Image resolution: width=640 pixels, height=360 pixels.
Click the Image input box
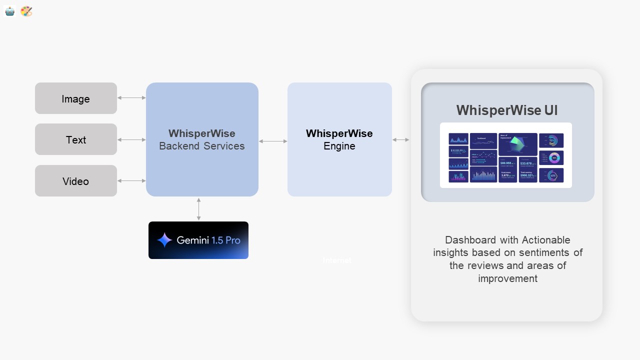click(x=76, y=98)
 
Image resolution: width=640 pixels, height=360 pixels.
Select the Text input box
click(x=76, y=139)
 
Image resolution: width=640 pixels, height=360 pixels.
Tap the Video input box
click(x=76, y=181)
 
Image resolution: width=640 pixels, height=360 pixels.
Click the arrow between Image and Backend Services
click(x=131, y=98)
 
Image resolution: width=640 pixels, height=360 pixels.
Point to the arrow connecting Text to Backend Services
click(x=131, y=140)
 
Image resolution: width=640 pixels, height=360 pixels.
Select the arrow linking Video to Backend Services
click(x=131, y=181)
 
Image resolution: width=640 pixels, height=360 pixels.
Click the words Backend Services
click(x=202, y=146)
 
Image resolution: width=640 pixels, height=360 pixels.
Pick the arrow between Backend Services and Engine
click(x=273, y=141)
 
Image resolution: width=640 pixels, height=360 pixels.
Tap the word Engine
click(x=339, y=146)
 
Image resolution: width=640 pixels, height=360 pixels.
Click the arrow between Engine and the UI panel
click(x=401, y=140)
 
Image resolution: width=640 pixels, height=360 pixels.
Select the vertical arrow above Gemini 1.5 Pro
click(x=199, y=209)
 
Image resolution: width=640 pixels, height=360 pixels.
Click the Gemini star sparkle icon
click(x=164, y=240)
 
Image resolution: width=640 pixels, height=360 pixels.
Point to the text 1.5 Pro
click(x=226, y=240)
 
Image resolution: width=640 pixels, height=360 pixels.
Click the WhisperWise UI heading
click(x=507, y=110)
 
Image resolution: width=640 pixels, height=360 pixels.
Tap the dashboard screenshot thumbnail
click(x=506, y=155)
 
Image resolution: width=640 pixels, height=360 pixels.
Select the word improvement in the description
click(x=507, y=278)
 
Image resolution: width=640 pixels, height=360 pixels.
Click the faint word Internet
click(x=337, y=260)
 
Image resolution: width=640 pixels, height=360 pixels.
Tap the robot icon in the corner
click(x=10, y=11)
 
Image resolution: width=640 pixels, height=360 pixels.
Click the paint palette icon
click(x=26, y=11)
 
